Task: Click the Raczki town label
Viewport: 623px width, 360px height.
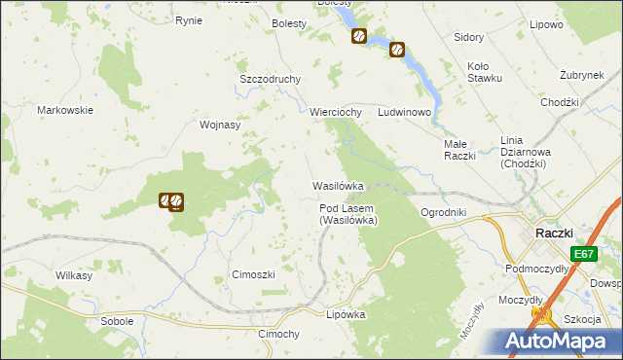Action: [559, 233]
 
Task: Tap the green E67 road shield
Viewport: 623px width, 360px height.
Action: [584, 254]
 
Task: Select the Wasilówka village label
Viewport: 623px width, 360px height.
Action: [338, 185]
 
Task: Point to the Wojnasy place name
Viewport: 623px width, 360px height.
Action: [219, 125]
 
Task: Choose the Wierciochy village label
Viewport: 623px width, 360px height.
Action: [336, 112]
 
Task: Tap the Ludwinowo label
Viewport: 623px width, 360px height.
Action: [405, 112]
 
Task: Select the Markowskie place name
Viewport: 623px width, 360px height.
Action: [65, 110]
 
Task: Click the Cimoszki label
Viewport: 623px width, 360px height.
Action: [253, 274]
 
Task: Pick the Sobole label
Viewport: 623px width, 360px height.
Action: [117, 320]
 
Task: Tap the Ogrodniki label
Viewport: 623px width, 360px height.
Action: [444, 212]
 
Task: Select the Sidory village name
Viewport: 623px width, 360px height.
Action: [469, 37]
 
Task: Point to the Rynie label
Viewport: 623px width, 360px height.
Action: [188, 20]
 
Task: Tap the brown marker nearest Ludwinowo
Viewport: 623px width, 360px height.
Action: [396, 50]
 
